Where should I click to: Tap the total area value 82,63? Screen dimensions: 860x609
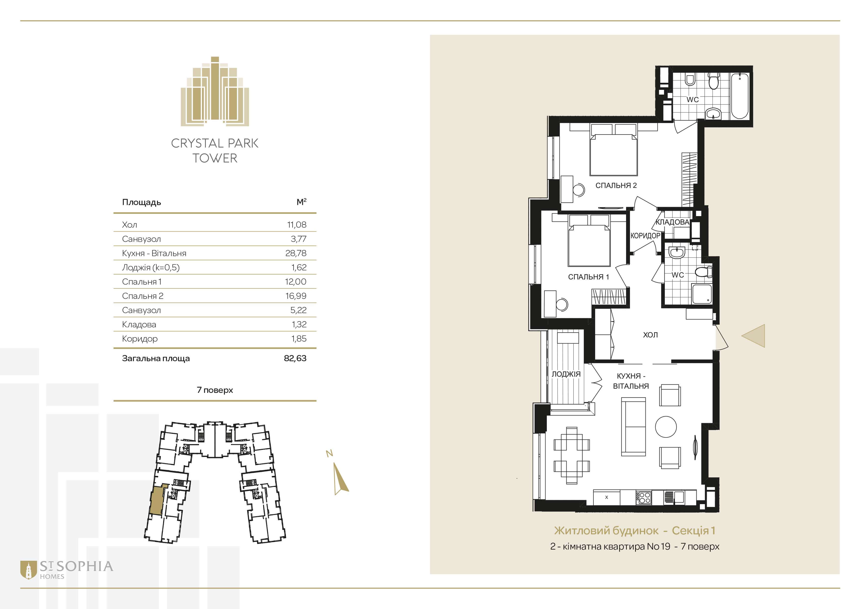(x=295, y=358)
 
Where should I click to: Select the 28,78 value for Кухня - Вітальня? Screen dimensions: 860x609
(x=296, y=253)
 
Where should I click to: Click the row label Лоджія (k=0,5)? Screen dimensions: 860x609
(x=151, y=267)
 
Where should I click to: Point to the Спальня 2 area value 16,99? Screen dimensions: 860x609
(x=296, y=296)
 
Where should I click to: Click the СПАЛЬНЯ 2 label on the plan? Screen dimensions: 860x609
(x=616, y=185)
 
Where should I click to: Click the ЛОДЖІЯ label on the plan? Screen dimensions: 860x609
(x=566, y=374)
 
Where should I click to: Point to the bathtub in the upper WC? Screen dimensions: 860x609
(x=740, y=96)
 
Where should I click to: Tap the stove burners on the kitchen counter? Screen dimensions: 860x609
(x=644, y=498)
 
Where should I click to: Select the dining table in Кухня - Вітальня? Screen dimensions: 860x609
(x=572, y=456)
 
